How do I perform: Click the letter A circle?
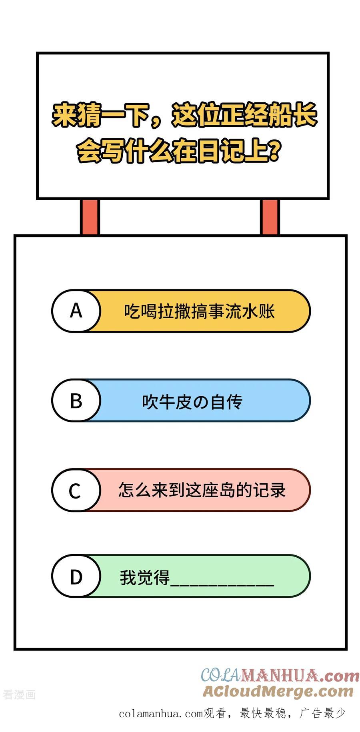coord(76,311)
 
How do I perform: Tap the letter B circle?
coord(76,400)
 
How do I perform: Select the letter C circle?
coord(76,490)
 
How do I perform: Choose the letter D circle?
coord(76,576)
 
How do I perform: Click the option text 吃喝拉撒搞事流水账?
coord(199,311)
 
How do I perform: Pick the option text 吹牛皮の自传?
coord(192,401)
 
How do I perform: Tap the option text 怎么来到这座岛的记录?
coord(202,490)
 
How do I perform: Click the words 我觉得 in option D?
coord(145,577)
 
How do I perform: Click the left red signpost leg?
coord(90,217)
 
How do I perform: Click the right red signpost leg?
coord(270,217)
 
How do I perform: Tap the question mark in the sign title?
coord(273,151)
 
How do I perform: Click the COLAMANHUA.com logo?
coord(280,676)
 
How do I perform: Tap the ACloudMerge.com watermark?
coord(278,691)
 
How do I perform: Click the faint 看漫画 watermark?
coord(19,694)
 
